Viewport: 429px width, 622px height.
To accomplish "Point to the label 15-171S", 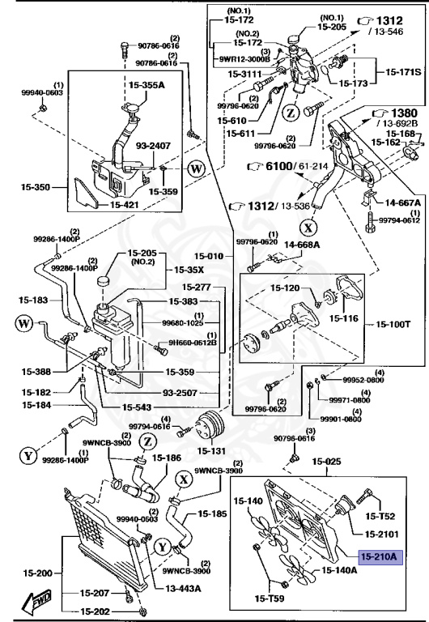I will coord(403,73).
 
